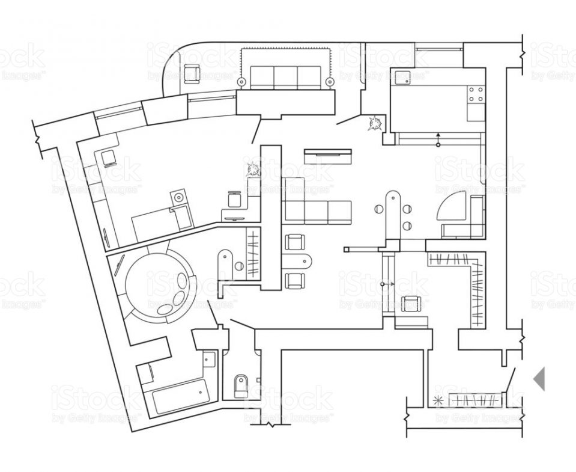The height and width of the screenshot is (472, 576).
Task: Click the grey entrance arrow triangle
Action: [540, 379]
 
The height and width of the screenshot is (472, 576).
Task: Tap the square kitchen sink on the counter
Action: [401, 76]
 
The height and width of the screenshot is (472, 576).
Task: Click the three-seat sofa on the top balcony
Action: [286, 78]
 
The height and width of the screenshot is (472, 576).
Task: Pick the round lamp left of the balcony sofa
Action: [241, 81]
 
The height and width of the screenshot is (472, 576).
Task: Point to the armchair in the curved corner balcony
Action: [192, 73]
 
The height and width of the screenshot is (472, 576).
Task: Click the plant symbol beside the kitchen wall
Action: [377, 124]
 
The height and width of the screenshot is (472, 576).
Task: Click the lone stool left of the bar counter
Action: [379, 209]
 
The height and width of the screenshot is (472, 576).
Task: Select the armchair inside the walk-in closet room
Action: [411, 304]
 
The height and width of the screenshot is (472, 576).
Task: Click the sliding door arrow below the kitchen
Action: [438, 139]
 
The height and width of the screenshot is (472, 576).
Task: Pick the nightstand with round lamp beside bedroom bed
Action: [178, 197]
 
